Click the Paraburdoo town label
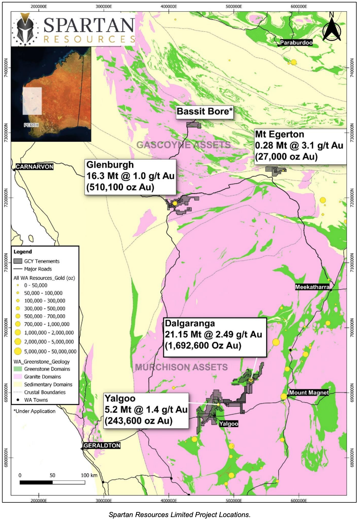pos(296,43)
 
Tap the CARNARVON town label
pos(35,167)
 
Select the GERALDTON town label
pos(102,446)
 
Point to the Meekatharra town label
pos(312,287)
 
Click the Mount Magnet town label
pos(309,393)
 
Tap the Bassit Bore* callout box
pos(204,112)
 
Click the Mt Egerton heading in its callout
pos(279,134)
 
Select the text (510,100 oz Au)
pos(120,187)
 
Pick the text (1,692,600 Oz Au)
pos(203,345)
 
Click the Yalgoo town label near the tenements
pos(229,424)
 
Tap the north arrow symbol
pos(332,28)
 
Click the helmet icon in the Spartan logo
pos(25,29)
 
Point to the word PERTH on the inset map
pos(31,125)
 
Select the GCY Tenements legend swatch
pos(18,261)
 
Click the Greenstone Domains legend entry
pos(47,369)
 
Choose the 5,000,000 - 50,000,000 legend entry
pos(50,351)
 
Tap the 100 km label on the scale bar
pos(89,475)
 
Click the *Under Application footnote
pos(35,411)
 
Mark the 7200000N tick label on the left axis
pos(6,198)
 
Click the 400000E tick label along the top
pos(169,7)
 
